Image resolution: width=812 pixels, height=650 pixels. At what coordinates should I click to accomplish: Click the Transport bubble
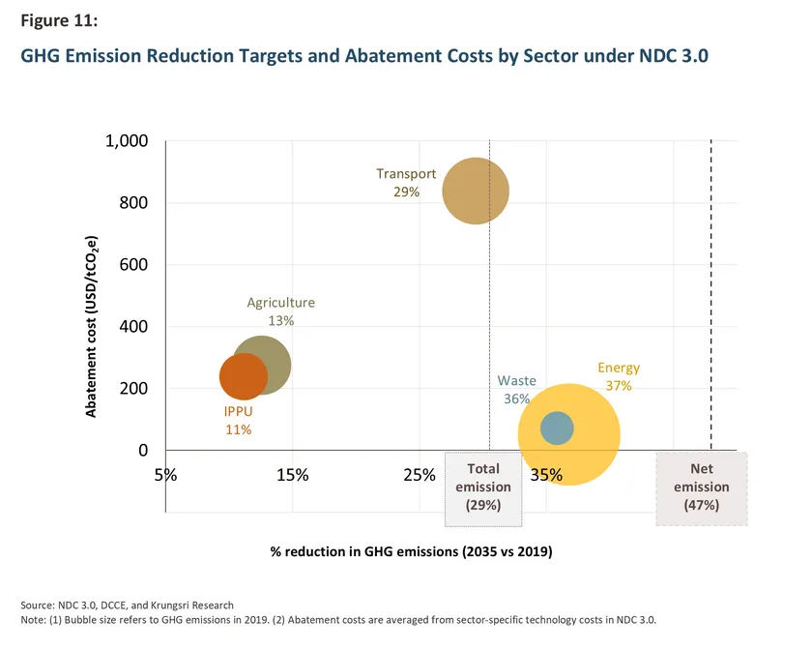[476, 192]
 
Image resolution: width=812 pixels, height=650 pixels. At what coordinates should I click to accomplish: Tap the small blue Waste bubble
[557, 428]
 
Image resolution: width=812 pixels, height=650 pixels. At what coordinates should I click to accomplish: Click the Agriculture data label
[280, 310]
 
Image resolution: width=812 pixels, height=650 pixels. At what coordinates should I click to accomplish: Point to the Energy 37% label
[619, 376]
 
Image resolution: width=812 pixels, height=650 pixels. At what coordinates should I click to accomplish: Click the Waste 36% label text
[516, 390]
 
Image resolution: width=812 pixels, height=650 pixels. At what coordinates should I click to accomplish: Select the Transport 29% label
[406, 183]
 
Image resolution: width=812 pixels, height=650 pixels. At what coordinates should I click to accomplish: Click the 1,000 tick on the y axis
[125, 141]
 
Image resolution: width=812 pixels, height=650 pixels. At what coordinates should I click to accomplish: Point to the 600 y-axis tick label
[132, 265]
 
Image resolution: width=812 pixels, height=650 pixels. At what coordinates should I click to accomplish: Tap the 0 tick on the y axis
[141, 451]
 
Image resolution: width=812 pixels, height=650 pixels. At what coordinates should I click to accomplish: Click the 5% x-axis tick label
[165, 475]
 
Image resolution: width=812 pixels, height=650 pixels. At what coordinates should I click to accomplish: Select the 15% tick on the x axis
[292, 475]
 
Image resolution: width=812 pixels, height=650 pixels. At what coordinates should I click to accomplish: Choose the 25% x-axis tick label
[419, 475]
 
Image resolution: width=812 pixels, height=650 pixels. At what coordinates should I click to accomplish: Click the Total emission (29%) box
[482, 488]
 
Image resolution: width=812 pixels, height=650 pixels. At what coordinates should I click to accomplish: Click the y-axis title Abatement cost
[92, 324]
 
